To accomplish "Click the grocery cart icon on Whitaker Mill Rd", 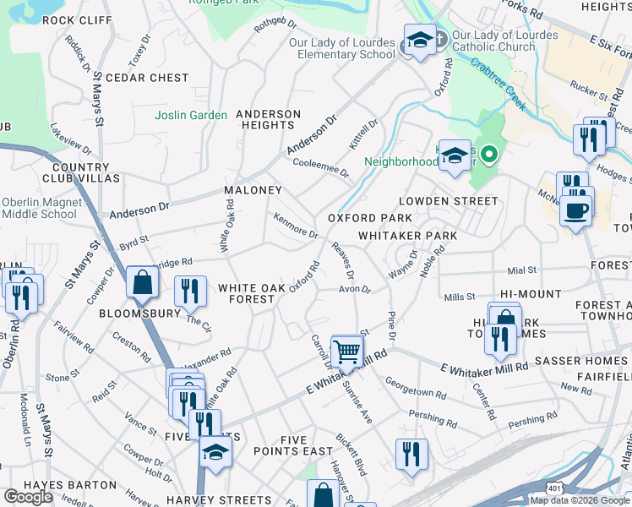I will tap(346, 351).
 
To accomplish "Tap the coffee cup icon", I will tap(576, 211).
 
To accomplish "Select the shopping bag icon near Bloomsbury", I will tap(143, 282).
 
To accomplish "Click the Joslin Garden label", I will tap(191, 115).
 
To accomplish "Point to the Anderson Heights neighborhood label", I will tap(268, 119).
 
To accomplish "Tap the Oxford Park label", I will tap(370, 218).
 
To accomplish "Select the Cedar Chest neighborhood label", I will tap(147, 78).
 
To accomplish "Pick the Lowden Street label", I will tap(449, 201).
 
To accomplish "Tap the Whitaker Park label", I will tap(407, 236).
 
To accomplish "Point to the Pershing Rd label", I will tap(432, 417).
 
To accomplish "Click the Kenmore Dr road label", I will tap(295, 226).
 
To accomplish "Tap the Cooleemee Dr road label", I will tap(320, 166).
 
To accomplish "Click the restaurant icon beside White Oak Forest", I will tap(190, 292).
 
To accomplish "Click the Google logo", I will tap(29, 497).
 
